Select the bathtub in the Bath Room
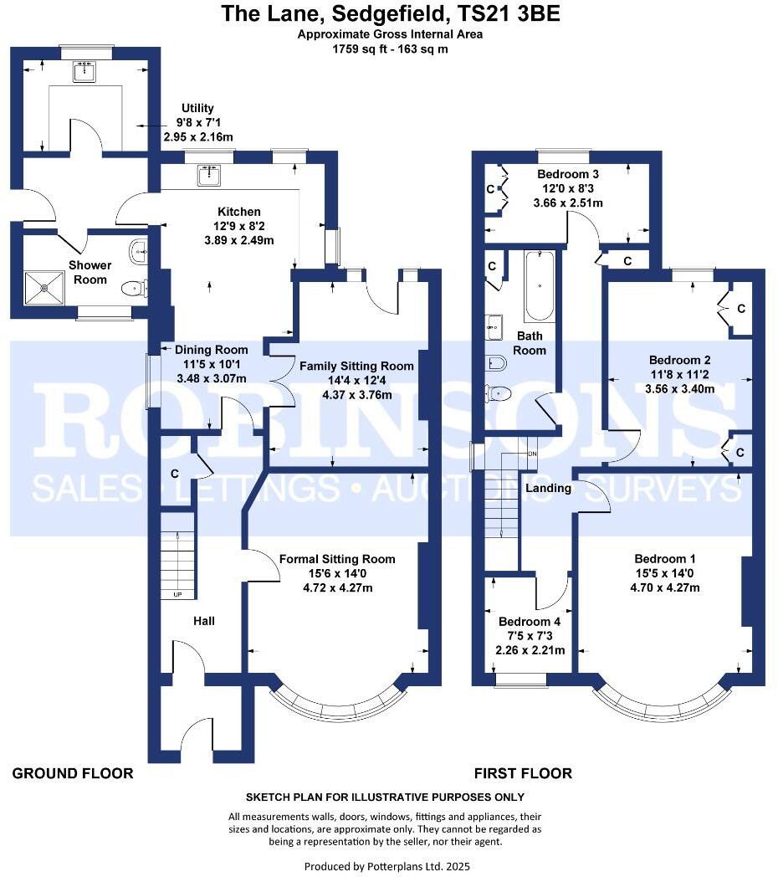(x=540, y=286)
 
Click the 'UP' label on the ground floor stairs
(x=177, y=595)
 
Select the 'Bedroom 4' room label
(x=529, y=622)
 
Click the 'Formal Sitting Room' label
(x=337, y=559)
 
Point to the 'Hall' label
(x=204, y=621)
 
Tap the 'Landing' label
(x=548, y=488)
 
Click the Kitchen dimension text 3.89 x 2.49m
(x=239, y=240)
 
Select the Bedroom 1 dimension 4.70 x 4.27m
(x=665, y=587)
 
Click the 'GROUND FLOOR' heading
(x=73, y=773)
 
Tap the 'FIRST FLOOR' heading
(x=523, y=773)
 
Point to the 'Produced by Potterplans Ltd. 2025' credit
(x=392, y=866)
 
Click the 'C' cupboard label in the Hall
(x=175, y=474)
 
